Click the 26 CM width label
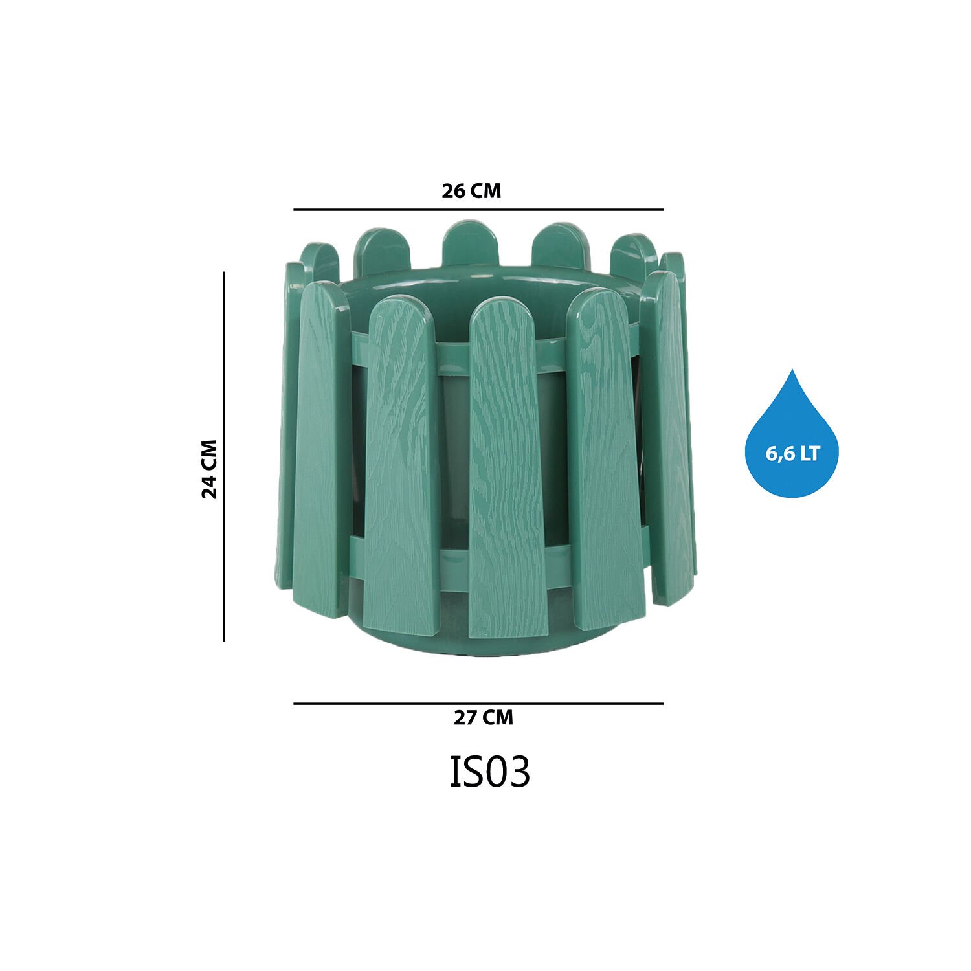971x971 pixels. [x=471, y=191]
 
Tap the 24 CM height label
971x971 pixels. [x=210, y=469]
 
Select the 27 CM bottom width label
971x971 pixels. [x=483, y=718]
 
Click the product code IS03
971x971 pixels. [x=489, y=771]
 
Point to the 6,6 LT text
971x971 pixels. [x=792, y=454]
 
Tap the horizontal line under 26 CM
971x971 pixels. [x=478, y=210]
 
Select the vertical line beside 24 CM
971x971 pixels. [x=224, y=456]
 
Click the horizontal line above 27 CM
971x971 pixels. [x=478, y=703]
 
